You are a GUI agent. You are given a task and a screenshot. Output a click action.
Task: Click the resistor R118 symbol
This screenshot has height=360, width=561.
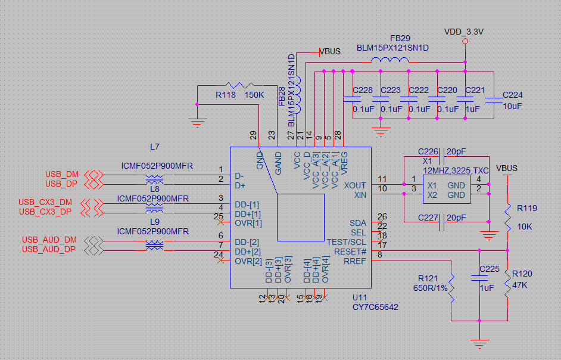pyautogui.click(x=241, y=86)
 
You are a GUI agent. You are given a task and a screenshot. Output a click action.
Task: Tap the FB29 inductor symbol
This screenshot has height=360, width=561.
pyautogui.click(x=389, y=60)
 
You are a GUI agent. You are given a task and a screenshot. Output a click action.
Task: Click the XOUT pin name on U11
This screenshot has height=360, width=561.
pyautogui.click(x=355, y=185)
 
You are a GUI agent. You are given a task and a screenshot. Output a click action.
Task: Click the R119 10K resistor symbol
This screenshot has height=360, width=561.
pyautogui.click(x=507, y=219)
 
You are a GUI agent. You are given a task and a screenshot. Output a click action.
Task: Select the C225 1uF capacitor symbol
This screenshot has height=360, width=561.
pyautogui.click(x=479, y=278)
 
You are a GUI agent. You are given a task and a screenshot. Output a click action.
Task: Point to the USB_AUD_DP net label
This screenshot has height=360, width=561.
pyautogui.click(x=49, y=249)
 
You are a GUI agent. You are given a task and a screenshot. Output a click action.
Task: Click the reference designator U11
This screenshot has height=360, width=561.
pyautogui.click(x=360, y=297)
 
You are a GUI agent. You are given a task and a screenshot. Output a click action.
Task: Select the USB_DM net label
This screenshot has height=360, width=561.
pyautogui.click(x=61, y=174)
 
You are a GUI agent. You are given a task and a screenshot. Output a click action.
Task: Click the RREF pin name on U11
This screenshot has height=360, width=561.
pyautogui.click(x=354, y=260)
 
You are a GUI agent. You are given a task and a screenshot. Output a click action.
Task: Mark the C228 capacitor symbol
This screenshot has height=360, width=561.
pyautogui.click(x=353, y=99)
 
